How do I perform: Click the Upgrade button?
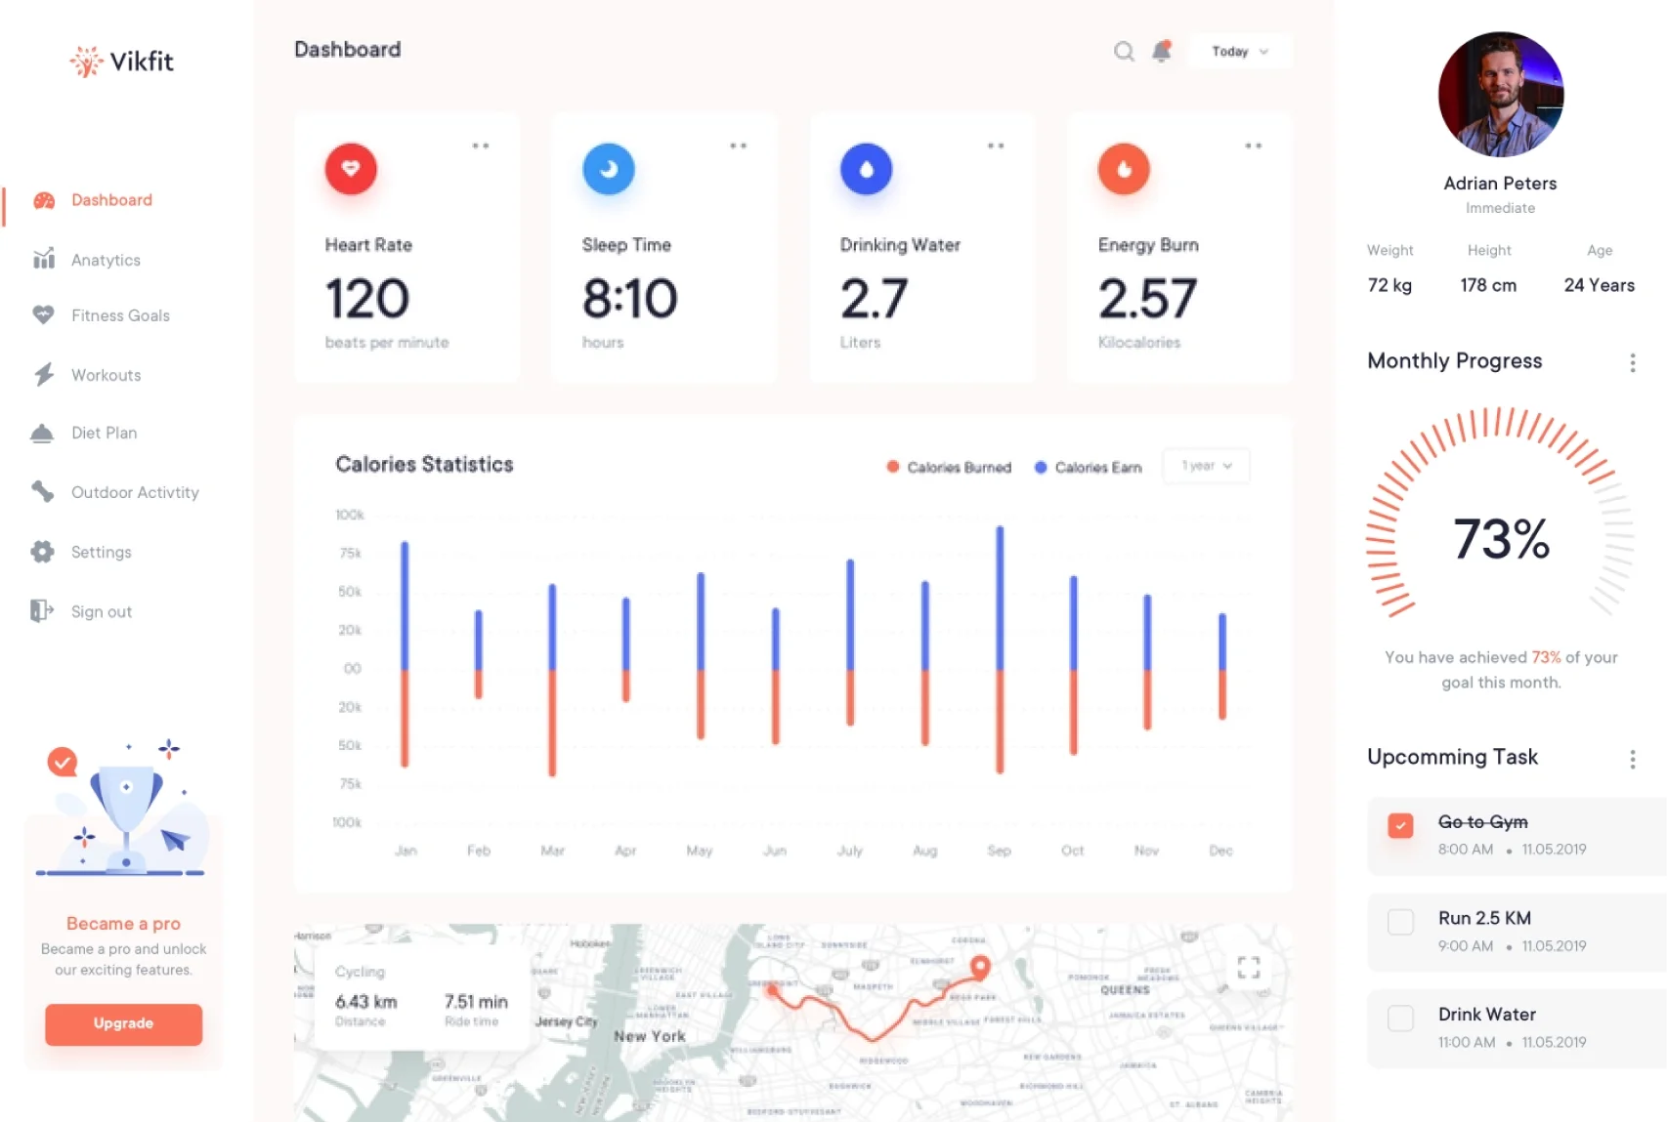123,1023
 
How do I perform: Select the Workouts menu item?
106,375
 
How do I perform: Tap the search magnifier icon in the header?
1124,51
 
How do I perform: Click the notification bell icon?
1161,51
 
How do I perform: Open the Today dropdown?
1239,51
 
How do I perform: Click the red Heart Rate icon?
351,169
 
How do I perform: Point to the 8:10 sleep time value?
629,298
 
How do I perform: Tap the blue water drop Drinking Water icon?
866,169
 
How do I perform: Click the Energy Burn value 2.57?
1147,298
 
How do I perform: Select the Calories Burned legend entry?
949,468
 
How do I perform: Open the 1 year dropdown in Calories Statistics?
1206,466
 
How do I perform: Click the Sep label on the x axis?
999,851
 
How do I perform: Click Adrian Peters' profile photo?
1500,95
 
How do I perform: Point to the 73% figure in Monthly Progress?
1501,539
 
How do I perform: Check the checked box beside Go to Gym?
1400,825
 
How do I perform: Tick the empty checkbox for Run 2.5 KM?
1400,922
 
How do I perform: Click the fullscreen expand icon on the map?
1248,968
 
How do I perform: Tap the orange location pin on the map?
979,966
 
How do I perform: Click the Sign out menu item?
101,611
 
